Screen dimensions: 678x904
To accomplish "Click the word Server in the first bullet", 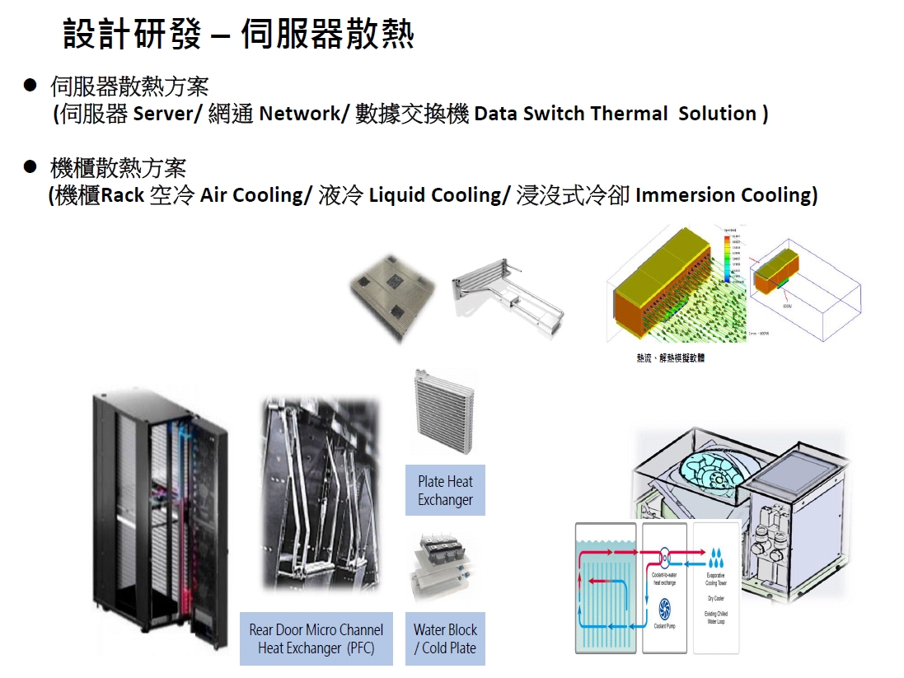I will click(163, 114).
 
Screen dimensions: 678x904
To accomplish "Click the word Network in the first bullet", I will click(299, 114).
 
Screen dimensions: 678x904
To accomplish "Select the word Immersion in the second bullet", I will click(686, 195).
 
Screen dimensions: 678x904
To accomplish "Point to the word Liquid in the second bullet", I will click(397, 195).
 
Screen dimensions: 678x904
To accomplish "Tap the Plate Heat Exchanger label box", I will click(445, 491).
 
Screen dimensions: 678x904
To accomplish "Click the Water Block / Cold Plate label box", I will click(445, 638).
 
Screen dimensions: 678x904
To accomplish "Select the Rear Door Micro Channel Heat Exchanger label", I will click(316, 638).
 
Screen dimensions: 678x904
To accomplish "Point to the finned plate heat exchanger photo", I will click(443, 412).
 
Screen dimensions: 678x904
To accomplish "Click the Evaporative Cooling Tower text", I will click(716, 578).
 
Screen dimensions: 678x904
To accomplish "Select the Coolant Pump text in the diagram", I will click(665, 627).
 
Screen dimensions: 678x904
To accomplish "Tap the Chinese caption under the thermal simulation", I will click(670, 358).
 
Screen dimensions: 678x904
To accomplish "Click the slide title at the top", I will click(239, 34).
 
